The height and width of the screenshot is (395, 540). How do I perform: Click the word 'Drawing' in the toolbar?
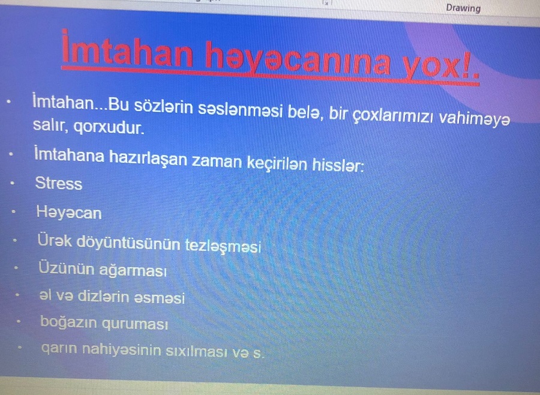click(x=463, y=8)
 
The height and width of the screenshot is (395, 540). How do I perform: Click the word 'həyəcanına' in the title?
click(x=298, y=59)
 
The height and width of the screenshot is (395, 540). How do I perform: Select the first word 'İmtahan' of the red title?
click(x=127, y=49)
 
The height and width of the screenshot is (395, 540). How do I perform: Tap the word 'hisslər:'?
click(x=337, y=164)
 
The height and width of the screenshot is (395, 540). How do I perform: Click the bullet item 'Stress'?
click(x=59, y=182)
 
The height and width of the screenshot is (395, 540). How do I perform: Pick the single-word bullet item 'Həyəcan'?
click(x=69, y=213)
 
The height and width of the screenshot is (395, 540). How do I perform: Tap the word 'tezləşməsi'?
click(x=223, y=246)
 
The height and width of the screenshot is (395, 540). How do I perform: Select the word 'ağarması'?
click(x=133, y=270)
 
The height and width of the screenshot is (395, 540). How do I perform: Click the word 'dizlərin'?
click(x=104, y=297)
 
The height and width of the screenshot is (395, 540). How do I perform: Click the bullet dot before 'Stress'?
click(x=12, y=183)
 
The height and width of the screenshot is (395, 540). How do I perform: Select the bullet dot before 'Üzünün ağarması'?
click(x=16, y=267)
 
